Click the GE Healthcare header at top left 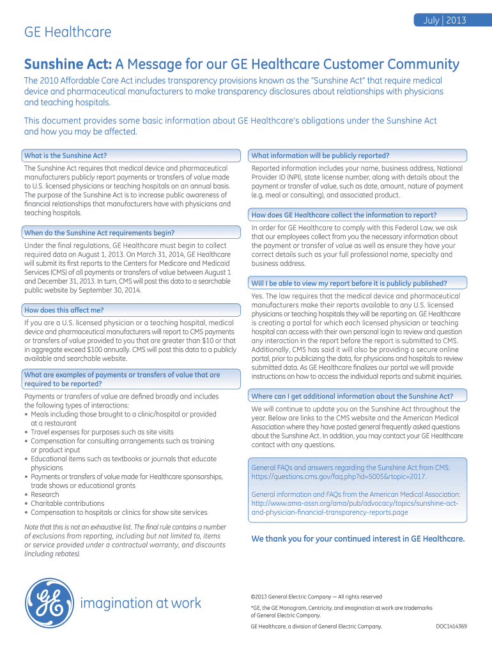(x=68, y=32)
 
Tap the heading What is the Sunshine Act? (x=65, y=155)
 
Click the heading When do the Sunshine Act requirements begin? (x=99, y=232)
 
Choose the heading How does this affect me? (x=64, y=310)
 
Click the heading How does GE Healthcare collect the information (x=344, y=215)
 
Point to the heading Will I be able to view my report (x=349, y=283)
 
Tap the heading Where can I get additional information (x=352, y=396)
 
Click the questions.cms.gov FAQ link (x=339, y=476)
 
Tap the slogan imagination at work (x=141, y=603)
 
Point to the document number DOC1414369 (x=451, y=627)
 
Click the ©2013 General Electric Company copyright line (x=316, y=597)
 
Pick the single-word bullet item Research (x=45, y=494)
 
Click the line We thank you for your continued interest (x=358, y=538)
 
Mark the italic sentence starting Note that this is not (x=121, y=527)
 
